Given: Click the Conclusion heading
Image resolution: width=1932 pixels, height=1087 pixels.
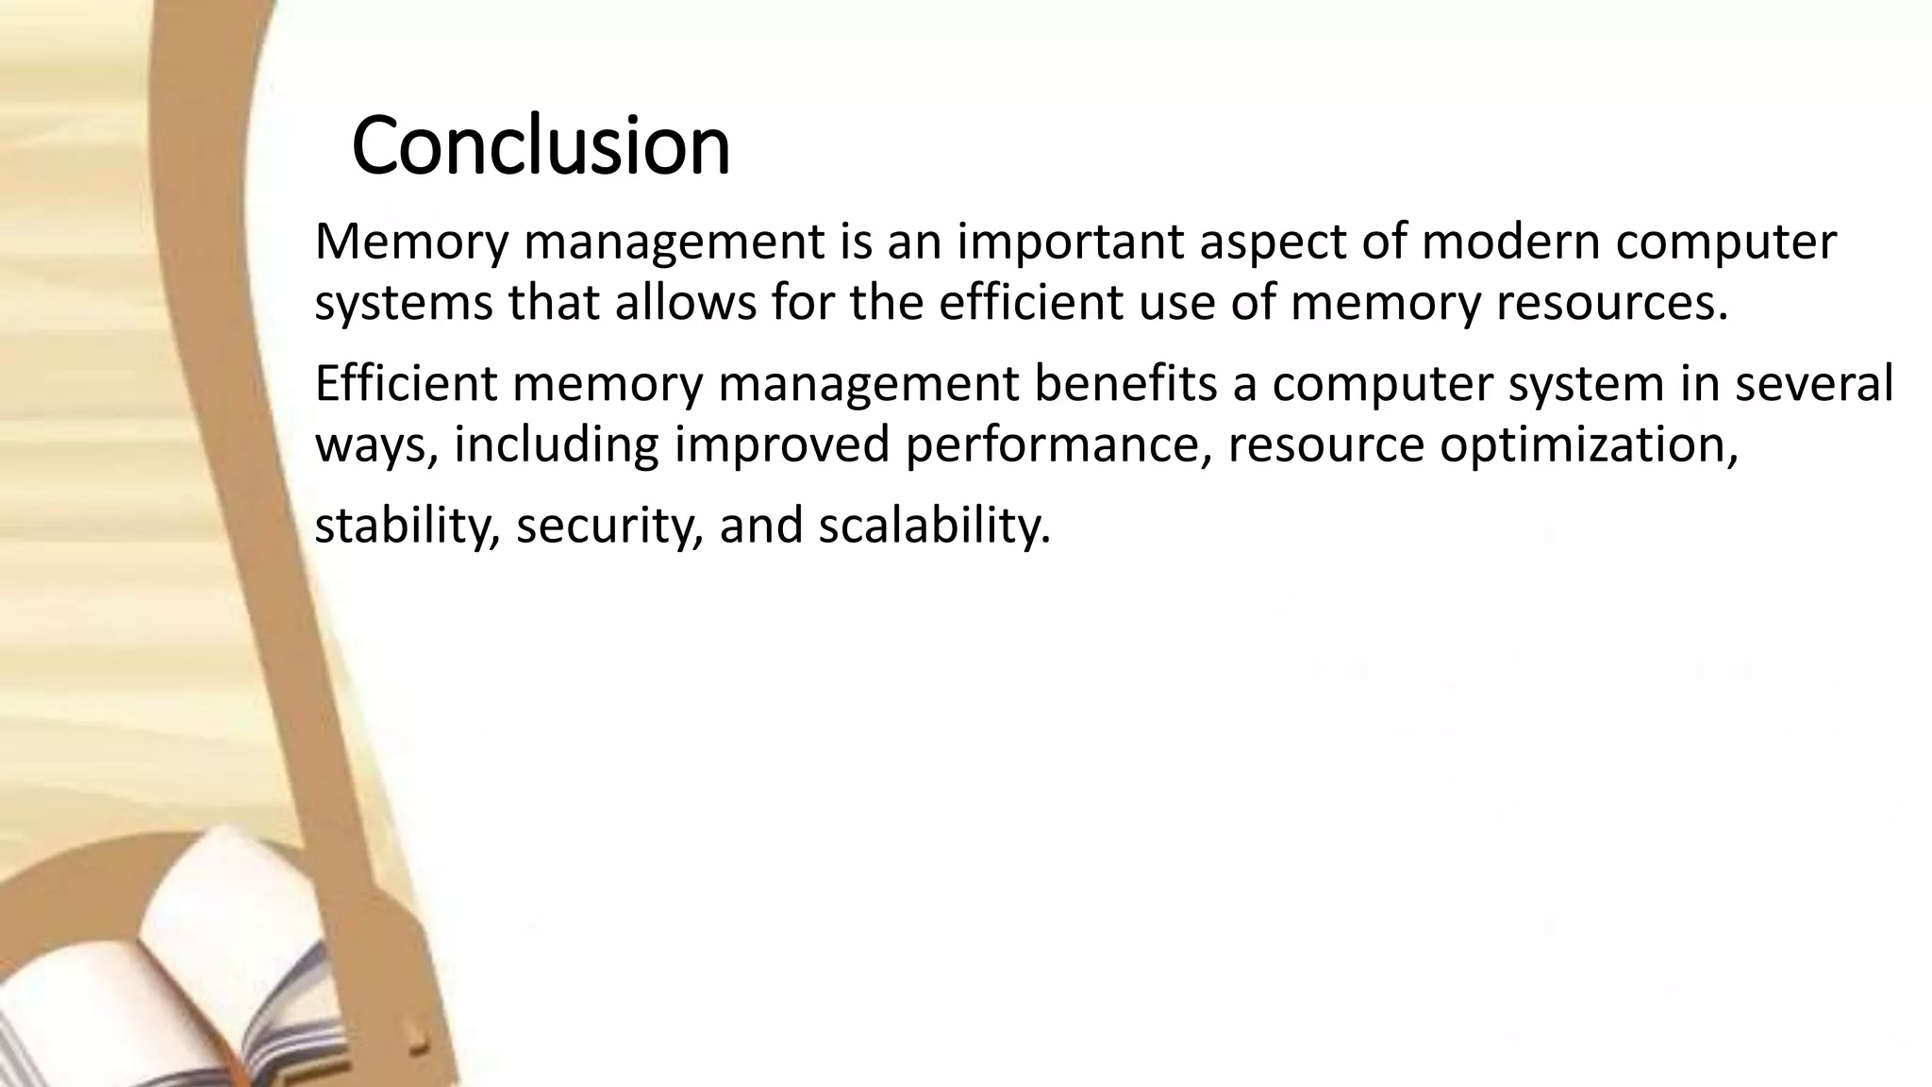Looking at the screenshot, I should coord(541,145).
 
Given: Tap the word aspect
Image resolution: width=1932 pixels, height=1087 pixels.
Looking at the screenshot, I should coord(1271,243).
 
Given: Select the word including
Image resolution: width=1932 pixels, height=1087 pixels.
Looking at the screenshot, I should coord(556,445).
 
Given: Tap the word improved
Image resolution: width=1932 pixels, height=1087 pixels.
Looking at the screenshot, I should coord(782,445).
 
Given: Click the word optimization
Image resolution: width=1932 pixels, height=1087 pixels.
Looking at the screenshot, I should coord(1588,445).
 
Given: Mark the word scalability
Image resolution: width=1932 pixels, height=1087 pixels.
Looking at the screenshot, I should coord(934,526).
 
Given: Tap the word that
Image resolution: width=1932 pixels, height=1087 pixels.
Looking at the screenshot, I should coord(555,302).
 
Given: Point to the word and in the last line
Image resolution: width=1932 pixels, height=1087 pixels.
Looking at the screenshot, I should coord(760,526).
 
